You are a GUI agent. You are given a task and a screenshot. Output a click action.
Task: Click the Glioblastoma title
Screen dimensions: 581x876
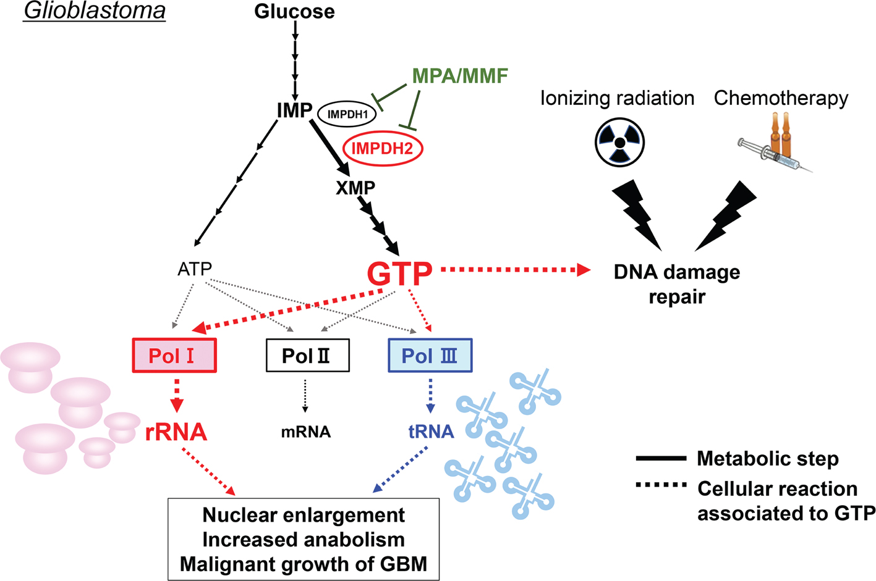pyautogui.click(x=94, y=11)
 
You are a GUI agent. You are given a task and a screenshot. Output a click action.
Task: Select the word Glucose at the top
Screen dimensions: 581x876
pyautogui.click(x=294, y=12)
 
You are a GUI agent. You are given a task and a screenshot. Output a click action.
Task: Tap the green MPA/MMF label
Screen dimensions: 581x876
pyautogui.click(x=460, y=76)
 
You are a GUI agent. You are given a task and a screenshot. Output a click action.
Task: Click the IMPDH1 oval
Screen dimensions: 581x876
pyautogui.click(x=347, y=114)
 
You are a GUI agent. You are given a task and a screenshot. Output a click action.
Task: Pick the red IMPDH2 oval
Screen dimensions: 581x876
pyautogui.click(x=383, y=148)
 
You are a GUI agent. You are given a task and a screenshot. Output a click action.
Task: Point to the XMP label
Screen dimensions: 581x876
pyautogui.click(x=355, y=188)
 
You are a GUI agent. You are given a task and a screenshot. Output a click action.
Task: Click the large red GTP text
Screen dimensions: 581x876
pyautogui.click(x=399, y=273)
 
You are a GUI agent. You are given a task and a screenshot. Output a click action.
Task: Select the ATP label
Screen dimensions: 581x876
pyautogui.click(x=195, y=269)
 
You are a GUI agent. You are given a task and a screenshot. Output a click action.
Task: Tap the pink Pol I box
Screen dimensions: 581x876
pyautogui.click(x=174, y=356)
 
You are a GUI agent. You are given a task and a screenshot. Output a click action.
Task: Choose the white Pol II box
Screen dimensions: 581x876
pyautogui.click(x=307, y=356)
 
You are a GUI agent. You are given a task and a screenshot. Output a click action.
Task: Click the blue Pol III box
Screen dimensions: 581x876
pyautogui.click(x=430, y=356)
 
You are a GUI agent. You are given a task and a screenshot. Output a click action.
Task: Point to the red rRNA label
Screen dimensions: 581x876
pyautogui.click(x=176, y=432)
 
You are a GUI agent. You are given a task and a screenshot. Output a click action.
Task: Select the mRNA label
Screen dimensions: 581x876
pyautogui.click(x=305, y=432)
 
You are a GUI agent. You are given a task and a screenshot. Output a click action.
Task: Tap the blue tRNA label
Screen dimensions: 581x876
pyautogui.click(x=431, y=432)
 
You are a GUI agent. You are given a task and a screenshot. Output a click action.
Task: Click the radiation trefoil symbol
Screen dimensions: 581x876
pyautogui.click(x=619, y=143)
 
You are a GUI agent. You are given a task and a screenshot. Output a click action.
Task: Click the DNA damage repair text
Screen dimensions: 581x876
pyautogui.click(x=676, y=284)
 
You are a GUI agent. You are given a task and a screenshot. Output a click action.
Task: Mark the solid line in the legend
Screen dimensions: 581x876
pyautogui.click(x=661, y=459)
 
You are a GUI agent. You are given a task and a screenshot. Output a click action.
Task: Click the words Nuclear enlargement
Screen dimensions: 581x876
pyautogui.click(x=304, y=515)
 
